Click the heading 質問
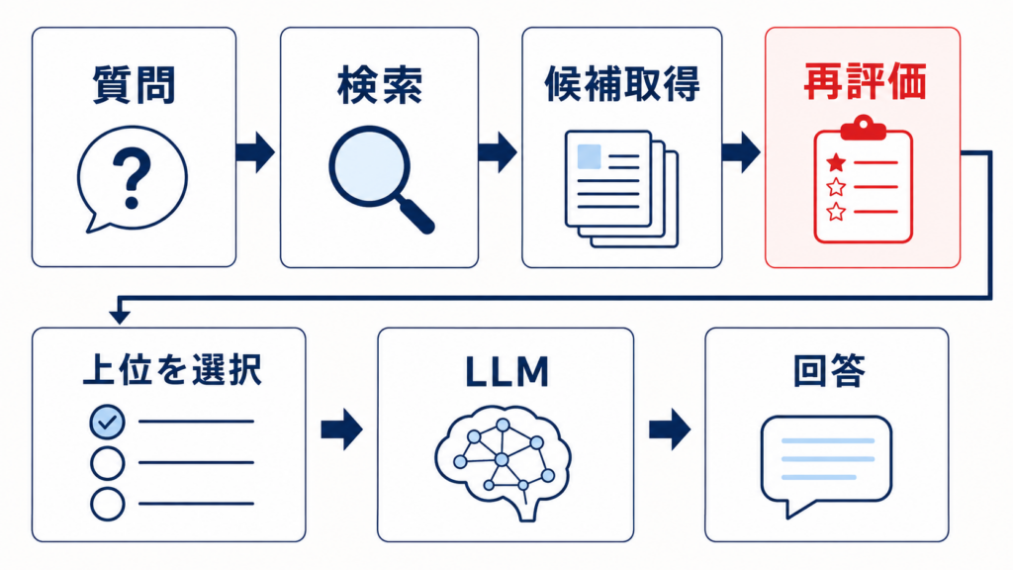(x=134, y=85)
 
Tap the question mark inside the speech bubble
(x=132, y=178)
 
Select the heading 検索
(x=380, y=85)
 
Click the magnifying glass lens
(x=370, y=166)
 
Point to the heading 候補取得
(x=622, y=84)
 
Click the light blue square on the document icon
(x=589, y=156)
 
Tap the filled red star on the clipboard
(x=837, y=163)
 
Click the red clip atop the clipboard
(x=863, y=128)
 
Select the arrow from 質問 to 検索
(x=256, y=152)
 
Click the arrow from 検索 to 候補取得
(x=498, y=152)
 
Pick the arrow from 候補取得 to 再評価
(x=741, y=152)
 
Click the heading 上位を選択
(x=172, y=370)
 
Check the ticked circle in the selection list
(x=107, y=422)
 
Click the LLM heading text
(x=507, y=372)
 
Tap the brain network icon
(x=503, y=461)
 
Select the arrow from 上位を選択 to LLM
(x=341, y=428)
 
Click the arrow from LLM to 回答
(x=670, y=428)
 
